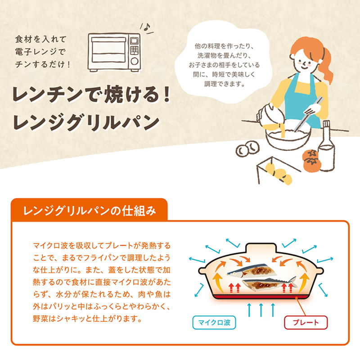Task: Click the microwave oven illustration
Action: pyautogui.click(x=114, y=53)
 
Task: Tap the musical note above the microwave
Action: pyautogui.click(x=147, y=27)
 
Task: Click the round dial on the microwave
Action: pyautogui.click(x=134, y=61)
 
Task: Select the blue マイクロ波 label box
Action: pyautogui.click(x=214, y=323)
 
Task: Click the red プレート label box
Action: pyautogui.click(x=306, y=323)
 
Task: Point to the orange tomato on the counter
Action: pyautogui.click(x=311, y=160)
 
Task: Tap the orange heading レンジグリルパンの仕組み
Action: pyautogui.click(x=90, y=211)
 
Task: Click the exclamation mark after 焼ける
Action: pyautogui.click(x=166, y=94)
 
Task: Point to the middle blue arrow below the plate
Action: pyautogui.click(x=261, y=310)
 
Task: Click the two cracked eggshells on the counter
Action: pyautogui.click(x=247, y=149)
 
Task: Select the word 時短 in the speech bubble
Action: pyautogui.click(x=218, y=74)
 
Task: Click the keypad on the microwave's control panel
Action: pyautogui.click(x=134, y=50)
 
